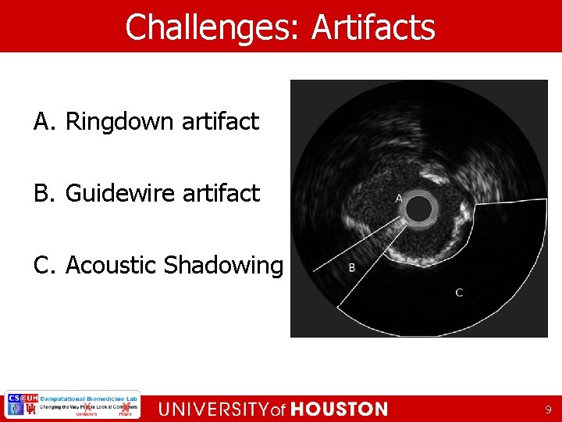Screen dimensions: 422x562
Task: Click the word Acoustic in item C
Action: [x=111, y=265]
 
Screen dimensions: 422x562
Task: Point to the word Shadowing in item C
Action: [x=223, y=266]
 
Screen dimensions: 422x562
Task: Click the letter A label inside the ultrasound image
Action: [x=399, y=198]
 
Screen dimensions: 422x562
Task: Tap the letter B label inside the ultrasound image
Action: [x=352, y=268]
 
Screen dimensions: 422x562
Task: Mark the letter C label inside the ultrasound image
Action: [x=459, y=292]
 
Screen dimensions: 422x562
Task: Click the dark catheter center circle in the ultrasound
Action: [x=419, y=208]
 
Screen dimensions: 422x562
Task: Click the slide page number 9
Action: [x=548, y=409]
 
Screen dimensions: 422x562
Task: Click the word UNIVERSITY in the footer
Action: [x=213, y=409]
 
